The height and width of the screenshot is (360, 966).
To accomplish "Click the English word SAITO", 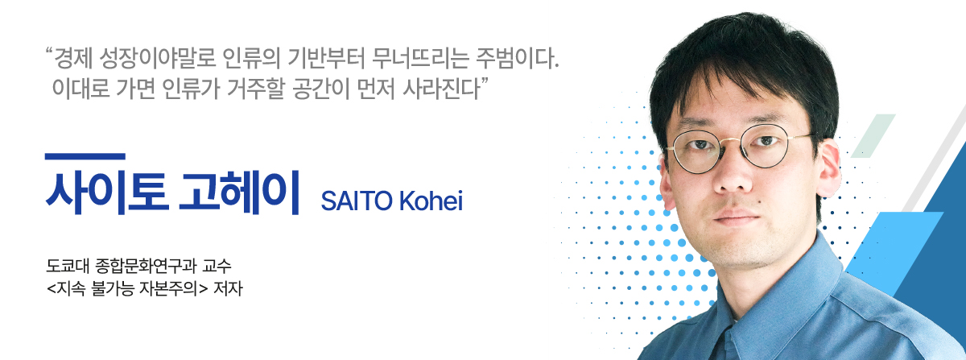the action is [357, 201].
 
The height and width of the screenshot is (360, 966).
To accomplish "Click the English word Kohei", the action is [431, 201].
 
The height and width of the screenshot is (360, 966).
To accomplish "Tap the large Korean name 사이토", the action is [107, 191].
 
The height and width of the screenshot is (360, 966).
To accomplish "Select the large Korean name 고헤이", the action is [239, 191].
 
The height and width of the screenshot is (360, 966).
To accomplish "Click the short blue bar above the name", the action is [85, 157].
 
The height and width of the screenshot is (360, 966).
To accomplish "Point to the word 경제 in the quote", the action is [73, 58].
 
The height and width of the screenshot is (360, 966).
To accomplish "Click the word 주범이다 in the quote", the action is [518, 58].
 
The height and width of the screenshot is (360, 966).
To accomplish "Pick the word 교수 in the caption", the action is [217, 266].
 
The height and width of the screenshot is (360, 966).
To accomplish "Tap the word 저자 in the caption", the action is [228, 288].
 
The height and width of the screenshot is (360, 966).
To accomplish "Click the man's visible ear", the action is [828, 171].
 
